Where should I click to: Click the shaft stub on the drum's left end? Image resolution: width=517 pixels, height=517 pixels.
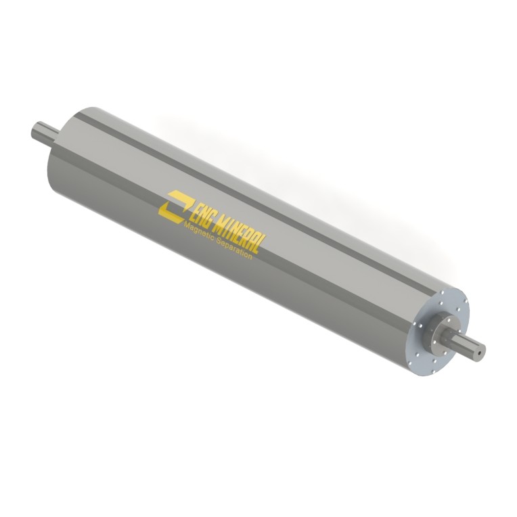(x=45, y=133)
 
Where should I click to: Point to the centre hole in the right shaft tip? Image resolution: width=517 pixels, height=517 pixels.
(x=480, y=352)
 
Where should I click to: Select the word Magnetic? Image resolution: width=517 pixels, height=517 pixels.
(x=199, y=233)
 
